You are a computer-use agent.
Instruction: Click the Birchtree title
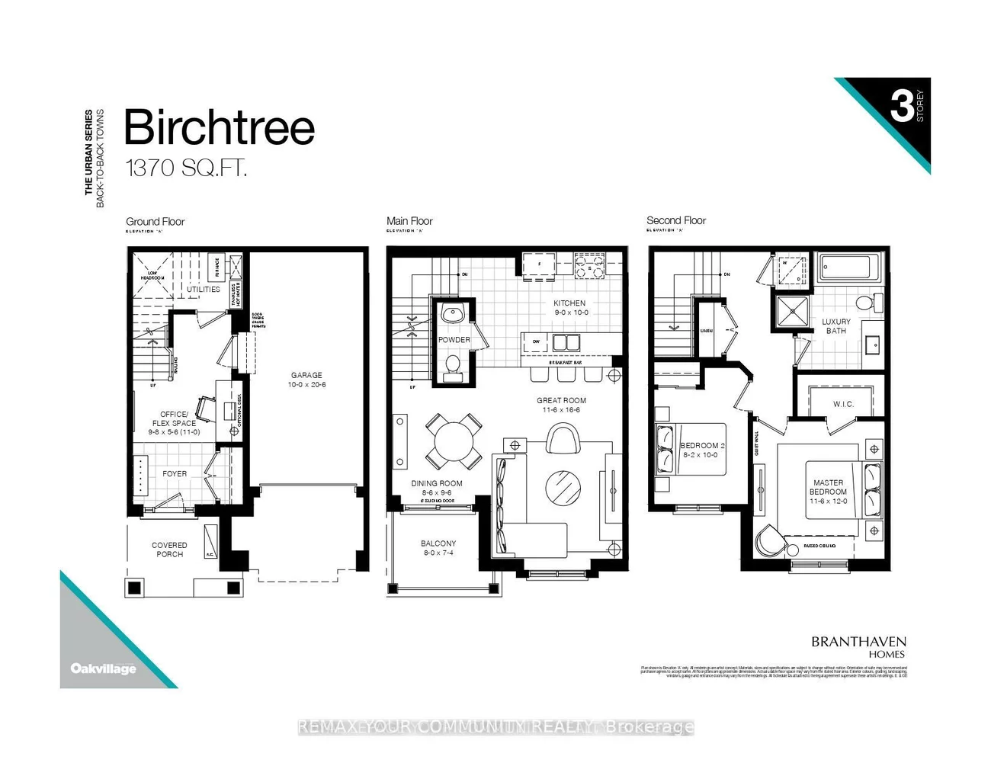[219, 127]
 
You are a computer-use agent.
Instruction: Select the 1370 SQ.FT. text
[186, 168]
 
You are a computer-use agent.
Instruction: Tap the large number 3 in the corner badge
[901, 106]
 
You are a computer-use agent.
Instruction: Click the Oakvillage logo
[103, 668]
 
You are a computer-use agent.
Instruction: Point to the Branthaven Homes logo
[858, 646]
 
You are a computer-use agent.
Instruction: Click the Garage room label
[306, 380]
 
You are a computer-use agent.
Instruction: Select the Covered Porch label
[169, 550]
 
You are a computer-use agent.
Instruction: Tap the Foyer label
[175, 473]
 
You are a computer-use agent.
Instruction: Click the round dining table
[454, 441]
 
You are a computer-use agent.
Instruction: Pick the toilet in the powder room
[453, 366]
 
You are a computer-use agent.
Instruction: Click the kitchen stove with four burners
[589, 266]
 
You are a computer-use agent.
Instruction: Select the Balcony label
[438, 547]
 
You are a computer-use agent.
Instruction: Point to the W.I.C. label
[843, 404]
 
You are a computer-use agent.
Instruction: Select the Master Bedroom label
[828, 492]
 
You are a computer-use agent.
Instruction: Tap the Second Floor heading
[676, 220]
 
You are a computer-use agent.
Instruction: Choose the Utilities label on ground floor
[204, 290]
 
